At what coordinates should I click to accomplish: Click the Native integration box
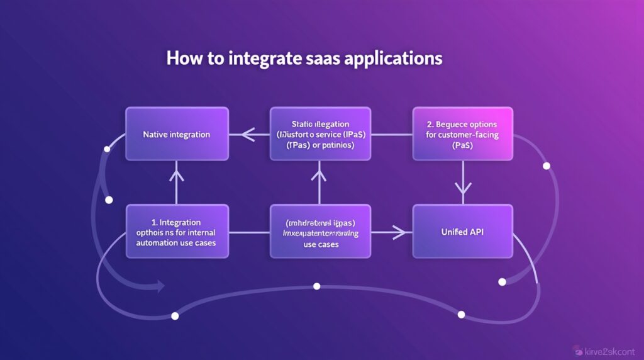click(x=177, y=134)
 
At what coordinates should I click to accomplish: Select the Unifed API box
click(x=463, y=231)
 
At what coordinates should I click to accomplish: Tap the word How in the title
click(x=182, y=59)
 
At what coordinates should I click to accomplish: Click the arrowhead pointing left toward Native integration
click(x=246, y=134)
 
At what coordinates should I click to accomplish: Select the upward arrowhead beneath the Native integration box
click(x=177, y=168)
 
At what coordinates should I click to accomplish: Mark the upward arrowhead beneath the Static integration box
click(x=320, y=168)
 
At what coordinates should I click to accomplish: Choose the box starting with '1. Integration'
click(x=177, y=231)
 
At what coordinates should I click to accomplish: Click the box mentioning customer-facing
click(x=462, y=133)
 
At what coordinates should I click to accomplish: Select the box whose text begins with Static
click(x=320, y=133)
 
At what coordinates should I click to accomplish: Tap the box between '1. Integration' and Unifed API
click(x=320, y=231)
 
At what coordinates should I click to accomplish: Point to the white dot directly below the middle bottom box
click(x=316, y=286)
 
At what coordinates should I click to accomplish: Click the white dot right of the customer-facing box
click(x=546, y=166)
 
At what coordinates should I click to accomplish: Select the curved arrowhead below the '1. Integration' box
click(x=160, y=286)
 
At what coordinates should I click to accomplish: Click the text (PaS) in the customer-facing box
click(x=462, y=145)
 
